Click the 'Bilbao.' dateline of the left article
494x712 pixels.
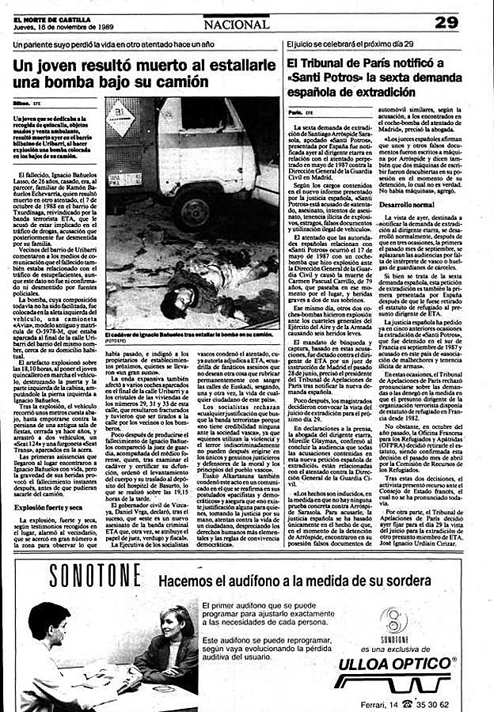[x=21, y=103]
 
